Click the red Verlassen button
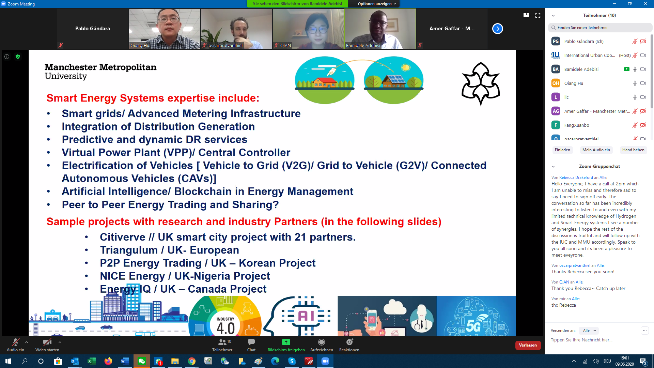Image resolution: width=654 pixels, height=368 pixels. [528, 345]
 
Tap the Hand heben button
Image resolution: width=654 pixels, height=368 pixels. [633, 150]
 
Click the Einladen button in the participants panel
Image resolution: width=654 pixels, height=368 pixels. [562, 150]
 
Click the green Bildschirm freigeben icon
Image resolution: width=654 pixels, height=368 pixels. [286, 342]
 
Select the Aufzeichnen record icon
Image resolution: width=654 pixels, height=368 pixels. [322, 342]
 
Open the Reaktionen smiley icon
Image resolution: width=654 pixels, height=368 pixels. [349, 342]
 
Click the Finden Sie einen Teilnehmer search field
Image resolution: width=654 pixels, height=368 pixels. [600, 28]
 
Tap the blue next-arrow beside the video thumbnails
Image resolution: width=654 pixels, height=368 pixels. [498, 29]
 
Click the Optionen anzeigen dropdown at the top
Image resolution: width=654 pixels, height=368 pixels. [376, 4]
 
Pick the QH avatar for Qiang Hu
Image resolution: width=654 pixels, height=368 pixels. [556, 83]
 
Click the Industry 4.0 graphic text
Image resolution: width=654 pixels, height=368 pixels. [225, 326]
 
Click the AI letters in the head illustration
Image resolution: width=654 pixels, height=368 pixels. [306, 316]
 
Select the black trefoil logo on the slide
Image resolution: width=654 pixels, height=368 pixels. [481, 83]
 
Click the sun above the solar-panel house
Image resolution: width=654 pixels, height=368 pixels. [406, 67]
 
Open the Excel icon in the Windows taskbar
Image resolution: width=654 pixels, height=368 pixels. [92, 361]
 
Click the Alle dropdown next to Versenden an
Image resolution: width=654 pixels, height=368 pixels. [589, 331]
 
